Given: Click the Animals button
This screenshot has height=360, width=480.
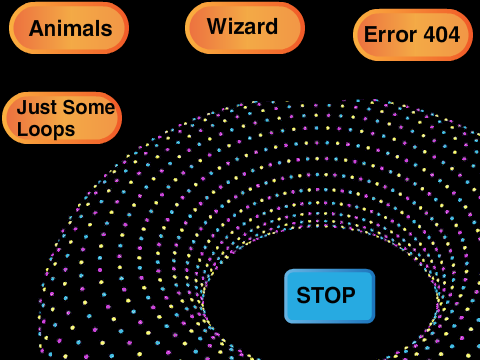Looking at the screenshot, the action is pyautogui.click(x=69, y=28).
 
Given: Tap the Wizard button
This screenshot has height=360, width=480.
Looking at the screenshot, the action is pyautogui.click(x=245, y=28).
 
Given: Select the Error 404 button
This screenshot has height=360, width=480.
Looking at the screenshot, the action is pyautogui.click(x=413, y=35).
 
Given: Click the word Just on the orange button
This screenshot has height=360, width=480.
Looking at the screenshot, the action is pyautogui.click(x=37, y=108).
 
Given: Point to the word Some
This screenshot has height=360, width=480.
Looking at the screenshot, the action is pyautogui.click(x=89, y=107).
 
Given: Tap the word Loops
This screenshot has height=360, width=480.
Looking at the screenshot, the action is pyautogui.click(x=46, y=130).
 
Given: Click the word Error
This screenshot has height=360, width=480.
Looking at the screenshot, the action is pyautogui.click(x=390, y=35).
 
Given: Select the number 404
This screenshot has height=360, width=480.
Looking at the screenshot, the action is pyautogui.click(x=442, y=35).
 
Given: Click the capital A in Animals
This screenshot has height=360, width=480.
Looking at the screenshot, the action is pyautogui.click(x=37, y=28).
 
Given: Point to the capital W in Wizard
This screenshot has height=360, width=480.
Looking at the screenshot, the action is pyautogui.click(x=218, y=26).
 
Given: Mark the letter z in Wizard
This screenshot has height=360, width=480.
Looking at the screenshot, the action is pyautogui.click(x=241, y=28).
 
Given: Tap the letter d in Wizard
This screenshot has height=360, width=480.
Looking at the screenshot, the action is pyautogui.click(x=270, y=26).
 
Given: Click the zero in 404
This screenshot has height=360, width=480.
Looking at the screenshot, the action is pyautogui.click(x=442, y=35).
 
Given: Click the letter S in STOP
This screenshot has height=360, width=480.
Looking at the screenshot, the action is pyautogui.click(x=303, y=295).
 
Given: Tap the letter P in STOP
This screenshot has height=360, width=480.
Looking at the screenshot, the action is pyautogui.click(x=349, y=295).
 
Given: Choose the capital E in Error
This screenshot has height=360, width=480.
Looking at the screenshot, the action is pyautogui.click(x=371, y=35).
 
